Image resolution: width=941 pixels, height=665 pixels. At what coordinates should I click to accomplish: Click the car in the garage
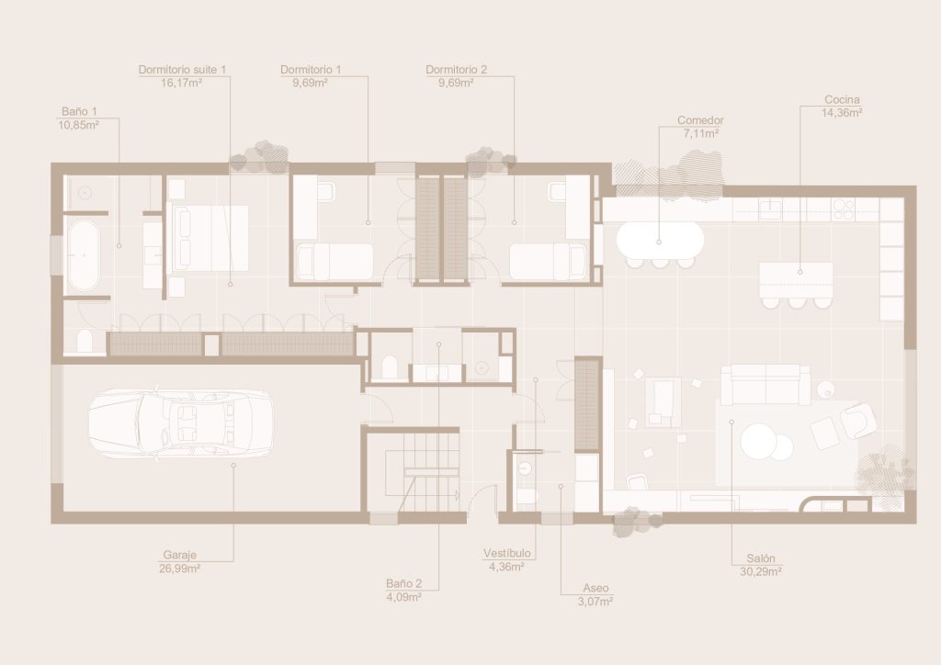[181, 423]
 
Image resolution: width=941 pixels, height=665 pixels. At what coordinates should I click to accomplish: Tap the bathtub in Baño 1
[84, 255]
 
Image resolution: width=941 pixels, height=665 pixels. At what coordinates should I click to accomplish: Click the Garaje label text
[179, 556]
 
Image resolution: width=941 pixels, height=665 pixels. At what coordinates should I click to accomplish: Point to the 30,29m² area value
[760, 572]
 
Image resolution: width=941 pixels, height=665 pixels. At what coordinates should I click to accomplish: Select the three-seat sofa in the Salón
[765, 385]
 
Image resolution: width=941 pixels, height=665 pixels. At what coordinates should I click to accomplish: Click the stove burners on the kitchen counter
[843, 209]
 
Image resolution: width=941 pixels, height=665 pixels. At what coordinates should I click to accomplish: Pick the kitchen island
[797, 280]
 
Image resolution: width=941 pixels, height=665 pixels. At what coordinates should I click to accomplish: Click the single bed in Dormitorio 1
[335, 262]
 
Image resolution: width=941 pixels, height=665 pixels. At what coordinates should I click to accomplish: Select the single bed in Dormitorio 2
[548, 262]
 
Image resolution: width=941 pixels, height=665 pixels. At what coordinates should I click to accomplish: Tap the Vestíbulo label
[507, 554]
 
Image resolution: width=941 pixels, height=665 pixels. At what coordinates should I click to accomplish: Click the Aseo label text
[595, 589]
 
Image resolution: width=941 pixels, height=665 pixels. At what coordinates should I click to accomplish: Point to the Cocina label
[842, 99]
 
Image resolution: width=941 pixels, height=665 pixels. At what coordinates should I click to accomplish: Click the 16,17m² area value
[181, 83]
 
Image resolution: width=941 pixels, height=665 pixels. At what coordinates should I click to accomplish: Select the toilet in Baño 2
[390, 367]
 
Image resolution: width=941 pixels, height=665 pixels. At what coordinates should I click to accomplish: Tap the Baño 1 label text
[79, 111]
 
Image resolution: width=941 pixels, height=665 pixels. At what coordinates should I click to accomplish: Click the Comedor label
[700, 120]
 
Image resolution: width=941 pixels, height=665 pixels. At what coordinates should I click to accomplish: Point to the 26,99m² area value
[179, 569]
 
